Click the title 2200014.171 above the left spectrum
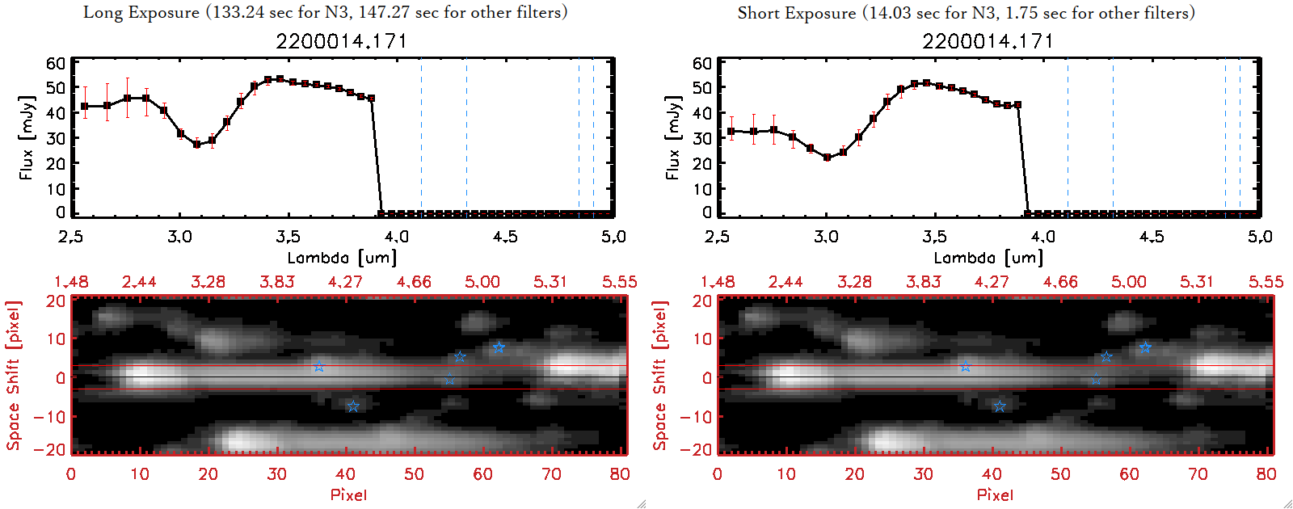tap(341, 41)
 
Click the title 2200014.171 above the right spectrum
tap(988, 41)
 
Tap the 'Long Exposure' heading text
tap(141, 12)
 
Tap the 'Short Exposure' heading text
tap(796, 13)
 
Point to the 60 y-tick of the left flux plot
tap(56, 63)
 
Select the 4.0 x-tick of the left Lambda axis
tap(396, 237)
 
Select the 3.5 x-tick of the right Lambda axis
tap(934, 237)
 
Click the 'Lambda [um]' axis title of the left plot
tap(342, 258)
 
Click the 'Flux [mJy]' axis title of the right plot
tap(673, 137)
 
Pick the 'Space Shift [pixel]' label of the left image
tap(13, 375)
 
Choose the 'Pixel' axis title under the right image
tap(995, 494)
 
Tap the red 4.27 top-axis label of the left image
tap(345, 282)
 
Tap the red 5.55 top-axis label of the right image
tap(1266, 282)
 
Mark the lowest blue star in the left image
tap(353, 406)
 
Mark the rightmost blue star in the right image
tap(1145, 347)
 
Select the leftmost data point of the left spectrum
tap(85, 107)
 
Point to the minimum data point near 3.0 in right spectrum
tap(827, 158)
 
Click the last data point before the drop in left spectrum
tap(371, 99)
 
